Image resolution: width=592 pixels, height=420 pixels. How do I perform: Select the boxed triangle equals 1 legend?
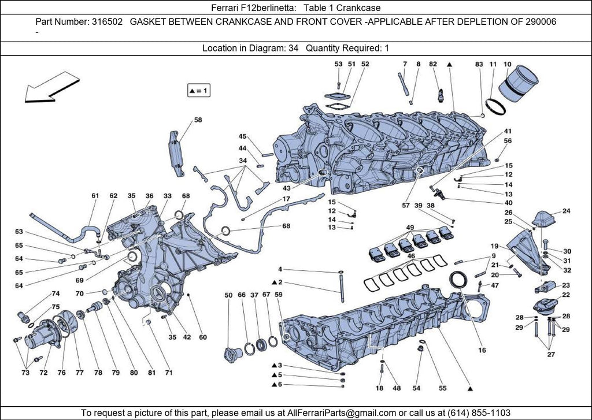pyautogui.click(x=198, y=91)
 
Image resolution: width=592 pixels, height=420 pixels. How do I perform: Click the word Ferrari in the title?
pyautogui.click(x=228, y=8)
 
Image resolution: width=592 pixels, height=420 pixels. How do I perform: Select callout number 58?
pyautogui.click(x=198, y=120)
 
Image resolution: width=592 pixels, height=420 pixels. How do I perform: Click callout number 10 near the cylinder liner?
pyautogui.click(x=508, y=64)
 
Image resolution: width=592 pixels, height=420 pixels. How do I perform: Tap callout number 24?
pyautogui.click(x=566, y=211)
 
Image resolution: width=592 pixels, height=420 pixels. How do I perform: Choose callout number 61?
pyautogui.click(x=95, y=196)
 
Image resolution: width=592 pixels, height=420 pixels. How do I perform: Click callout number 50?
pyautogui.click(x=228, y=295)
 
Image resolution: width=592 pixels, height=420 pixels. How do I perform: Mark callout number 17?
pyautogui.click(x=286, y=199)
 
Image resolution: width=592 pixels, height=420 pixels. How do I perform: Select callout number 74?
pyautogui.click(x=55, y=293)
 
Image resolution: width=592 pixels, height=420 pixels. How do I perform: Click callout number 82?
pyautogui.click(x=433, y=64)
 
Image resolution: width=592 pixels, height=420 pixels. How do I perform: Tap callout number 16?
pyautogui.click(x=482, y=350)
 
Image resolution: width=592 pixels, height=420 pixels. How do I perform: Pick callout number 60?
pyautogui.click(x=202, y=337)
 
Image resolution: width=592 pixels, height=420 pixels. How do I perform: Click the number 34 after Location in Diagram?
pyautogui.click(x=293, y=49)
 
